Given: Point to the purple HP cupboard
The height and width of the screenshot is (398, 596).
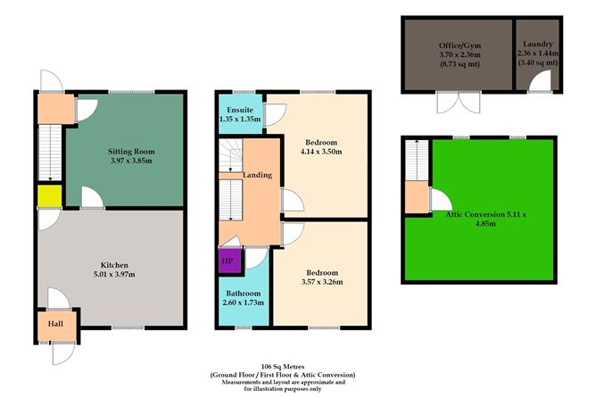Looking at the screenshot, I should point(228,261).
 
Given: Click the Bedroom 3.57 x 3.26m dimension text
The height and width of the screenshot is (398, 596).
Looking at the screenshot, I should point(320,283).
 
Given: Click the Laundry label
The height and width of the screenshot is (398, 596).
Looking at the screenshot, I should point(539,44).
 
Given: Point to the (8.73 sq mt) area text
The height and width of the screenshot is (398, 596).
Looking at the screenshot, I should point(458,63).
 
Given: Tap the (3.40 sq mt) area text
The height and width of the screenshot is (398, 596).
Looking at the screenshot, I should point(539,62).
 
